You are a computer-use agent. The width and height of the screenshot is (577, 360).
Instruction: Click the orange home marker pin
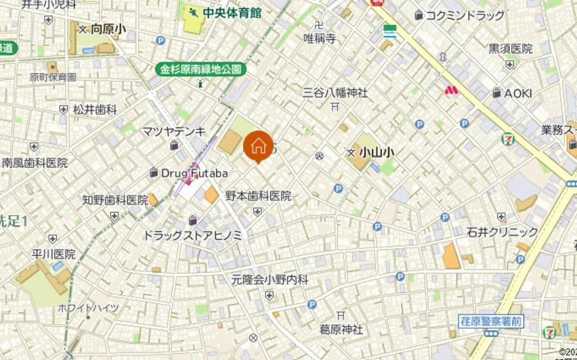click(x=258, y=146)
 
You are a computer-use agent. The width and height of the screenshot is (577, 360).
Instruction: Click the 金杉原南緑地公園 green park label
click(x=201, y=69)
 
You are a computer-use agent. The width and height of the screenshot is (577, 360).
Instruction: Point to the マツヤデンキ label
click(x=174, y=131)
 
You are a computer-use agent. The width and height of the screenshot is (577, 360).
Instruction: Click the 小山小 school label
click(x=377, y=154)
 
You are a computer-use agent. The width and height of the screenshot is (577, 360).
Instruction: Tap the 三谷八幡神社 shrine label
click(x=335, y=92)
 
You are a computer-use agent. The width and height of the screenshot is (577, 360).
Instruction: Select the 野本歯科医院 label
click(x=258, y=196)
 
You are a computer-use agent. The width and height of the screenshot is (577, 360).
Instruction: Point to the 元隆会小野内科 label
click(x=270, y=279)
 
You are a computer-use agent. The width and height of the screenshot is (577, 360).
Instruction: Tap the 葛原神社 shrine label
click(x=341, y=330)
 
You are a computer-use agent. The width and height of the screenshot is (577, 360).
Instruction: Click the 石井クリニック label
click(x=502, y=232)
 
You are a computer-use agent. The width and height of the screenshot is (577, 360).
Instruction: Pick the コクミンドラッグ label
click(x=465, y=15)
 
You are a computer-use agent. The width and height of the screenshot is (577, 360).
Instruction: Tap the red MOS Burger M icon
click(x=452, y=89)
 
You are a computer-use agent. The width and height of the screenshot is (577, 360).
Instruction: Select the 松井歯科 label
click(x=95, y=109)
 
